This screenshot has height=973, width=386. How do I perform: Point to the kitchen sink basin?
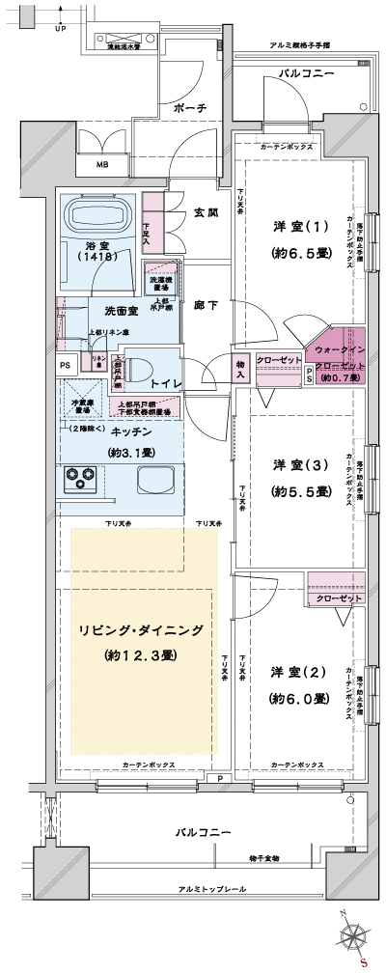154,480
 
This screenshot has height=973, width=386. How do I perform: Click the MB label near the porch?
102,165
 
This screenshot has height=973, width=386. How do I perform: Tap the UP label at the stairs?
60,28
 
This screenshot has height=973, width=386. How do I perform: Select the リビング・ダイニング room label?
141,631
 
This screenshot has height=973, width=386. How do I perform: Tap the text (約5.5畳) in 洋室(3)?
300,491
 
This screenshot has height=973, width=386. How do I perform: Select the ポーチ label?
189,109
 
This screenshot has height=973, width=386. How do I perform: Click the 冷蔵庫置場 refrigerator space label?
86,404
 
